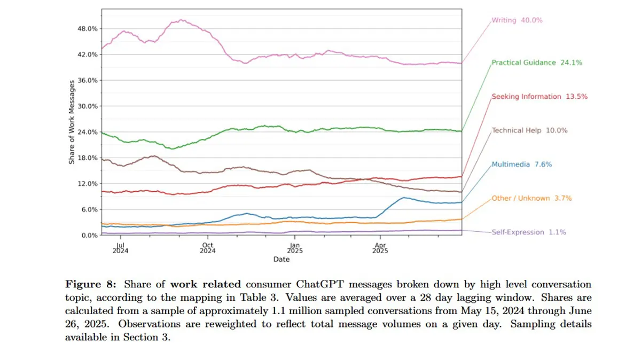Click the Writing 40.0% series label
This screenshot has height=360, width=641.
[x=517, y=20]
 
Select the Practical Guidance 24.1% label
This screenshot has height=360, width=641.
[x=536, y=62]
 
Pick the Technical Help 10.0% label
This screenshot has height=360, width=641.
[x=529, y=130]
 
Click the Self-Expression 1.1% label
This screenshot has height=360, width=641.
[x=528, y=232]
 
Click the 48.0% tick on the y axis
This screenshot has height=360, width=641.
[x=88, y=28]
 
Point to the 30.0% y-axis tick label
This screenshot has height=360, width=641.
[x=88, y=106]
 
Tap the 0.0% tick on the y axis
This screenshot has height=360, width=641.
[x=90, y=235]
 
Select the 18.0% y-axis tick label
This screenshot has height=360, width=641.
[x=88, y=158]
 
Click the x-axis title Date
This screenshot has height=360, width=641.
[x=282, y=259]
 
